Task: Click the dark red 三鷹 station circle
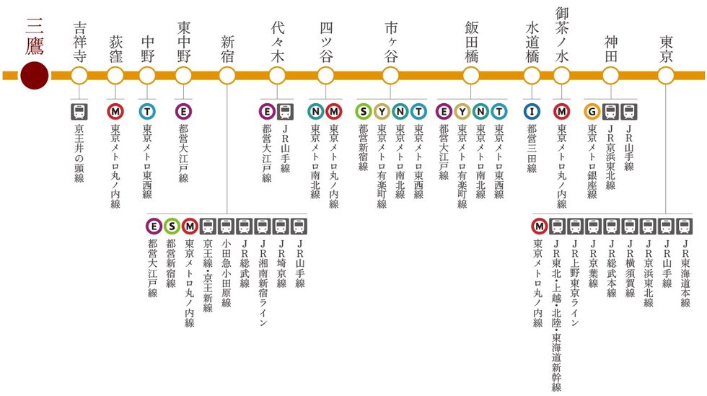(34, 75)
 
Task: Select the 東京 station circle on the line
(666, 75)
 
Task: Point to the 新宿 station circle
(227, 75)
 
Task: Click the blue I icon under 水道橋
(532, 111)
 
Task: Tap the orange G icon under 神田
(592, 111)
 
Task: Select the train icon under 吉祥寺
(79, 111)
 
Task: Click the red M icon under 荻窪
(115, 111)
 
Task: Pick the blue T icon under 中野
(148, 111)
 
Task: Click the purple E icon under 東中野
(183, 111)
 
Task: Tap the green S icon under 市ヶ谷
(364, 111)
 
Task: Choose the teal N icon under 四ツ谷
(315, 111)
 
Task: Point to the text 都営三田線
(532, 149)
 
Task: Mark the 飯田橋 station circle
(471, 75)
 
